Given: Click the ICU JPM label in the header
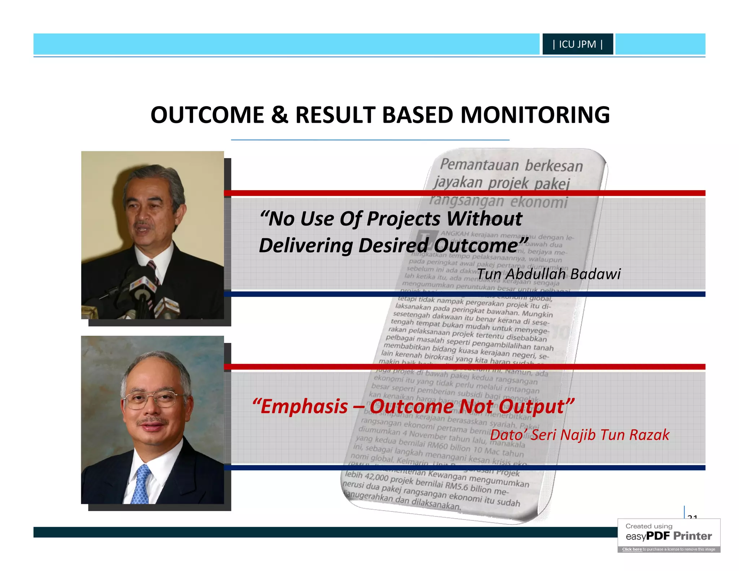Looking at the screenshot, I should tap(577, 44).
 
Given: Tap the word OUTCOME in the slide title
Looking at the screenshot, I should tap(207, 115).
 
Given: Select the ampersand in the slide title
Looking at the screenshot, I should tap(280, 115).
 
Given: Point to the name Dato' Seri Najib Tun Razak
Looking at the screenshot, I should tap(579, 435).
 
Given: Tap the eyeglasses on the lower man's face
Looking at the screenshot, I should tap(150, 400).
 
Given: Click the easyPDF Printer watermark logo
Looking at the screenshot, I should tap(669, 536).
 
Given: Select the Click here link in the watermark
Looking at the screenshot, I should tap(632, 549).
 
